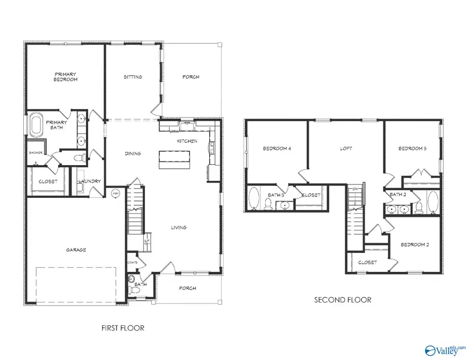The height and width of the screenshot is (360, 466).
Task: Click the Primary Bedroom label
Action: (66, 77)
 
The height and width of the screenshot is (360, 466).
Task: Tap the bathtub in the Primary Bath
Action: (37, 125)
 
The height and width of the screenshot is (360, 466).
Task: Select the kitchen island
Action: (174, 159)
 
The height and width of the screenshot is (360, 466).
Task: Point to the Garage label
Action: (76, 250)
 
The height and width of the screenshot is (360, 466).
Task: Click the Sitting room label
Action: (133, 77)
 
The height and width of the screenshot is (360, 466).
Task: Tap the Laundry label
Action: (90, 181)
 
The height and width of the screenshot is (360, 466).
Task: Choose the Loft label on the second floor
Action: (346, 149)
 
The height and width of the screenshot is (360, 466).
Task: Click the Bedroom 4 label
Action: (276, 149)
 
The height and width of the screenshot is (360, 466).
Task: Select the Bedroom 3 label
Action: (412, 149)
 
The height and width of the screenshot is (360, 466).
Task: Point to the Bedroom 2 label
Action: (415, 244)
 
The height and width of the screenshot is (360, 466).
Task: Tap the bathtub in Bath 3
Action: (254, 199)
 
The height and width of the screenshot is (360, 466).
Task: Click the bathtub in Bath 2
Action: (433, 203)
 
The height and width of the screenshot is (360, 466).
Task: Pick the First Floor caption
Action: (123, 328)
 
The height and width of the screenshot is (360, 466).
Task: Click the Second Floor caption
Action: (343, 300)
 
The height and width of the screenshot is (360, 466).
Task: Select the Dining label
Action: (133, 154)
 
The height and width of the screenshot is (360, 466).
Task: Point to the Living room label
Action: (179, 227)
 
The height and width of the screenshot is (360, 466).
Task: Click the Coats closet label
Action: (133, 263)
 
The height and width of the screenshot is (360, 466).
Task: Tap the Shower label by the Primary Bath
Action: (35, 152)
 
